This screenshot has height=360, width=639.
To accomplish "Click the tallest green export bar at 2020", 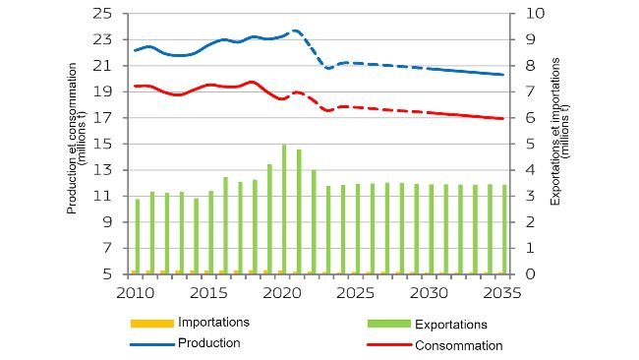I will point(284,209).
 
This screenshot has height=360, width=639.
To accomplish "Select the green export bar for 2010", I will point(138,236).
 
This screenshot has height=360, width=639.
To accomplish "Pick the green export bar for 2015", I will point(210,232).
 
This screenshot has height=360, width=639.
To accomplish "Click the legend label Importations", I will point(213,322).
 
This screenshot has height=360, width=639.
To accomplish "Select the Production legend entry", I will point(208,342).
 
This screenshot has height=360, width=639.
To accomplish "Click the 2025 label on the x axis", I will point(356,293).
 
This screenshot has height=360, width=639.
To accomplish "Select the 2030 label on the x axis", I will point(430,293).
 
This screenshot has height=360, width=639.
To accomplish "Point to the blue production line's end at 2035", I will point(503,75).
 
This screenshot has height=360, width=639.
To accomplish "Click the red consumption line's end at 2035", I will point(503,119).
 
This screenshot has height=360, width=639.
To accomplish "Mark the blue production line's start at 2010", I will point(135,50).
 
